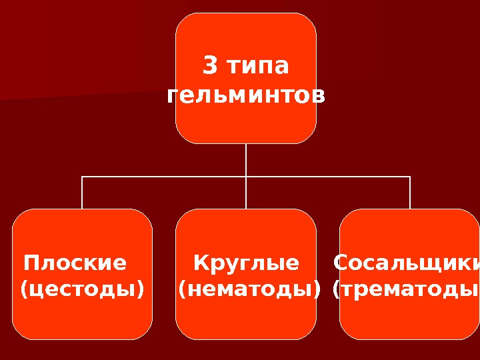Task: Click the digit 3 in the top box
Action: coord(209,67)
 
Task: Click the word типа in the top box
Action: coord(257,67)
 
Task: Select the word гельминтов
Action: coord(246,95)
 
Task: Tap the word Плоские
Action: coord(75,263)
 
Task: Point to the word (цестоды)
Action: coord(83,289)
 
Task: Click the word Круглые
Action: coord(246,263)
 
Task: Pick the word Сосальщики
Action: coord(406,263)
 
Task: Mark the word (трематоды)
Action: coord(406,289)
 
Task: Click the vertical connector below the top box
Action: coord(246,160)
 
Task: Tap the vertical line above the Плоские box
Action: coord(82,193)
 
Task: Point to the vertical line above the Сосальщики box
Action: coord(410,193)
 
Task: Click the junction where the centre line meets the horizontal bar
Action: coord(246,177)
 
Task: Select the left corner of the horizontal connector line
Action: coord(82,177)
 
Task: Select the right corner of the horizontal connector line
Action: coord(410,177)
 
